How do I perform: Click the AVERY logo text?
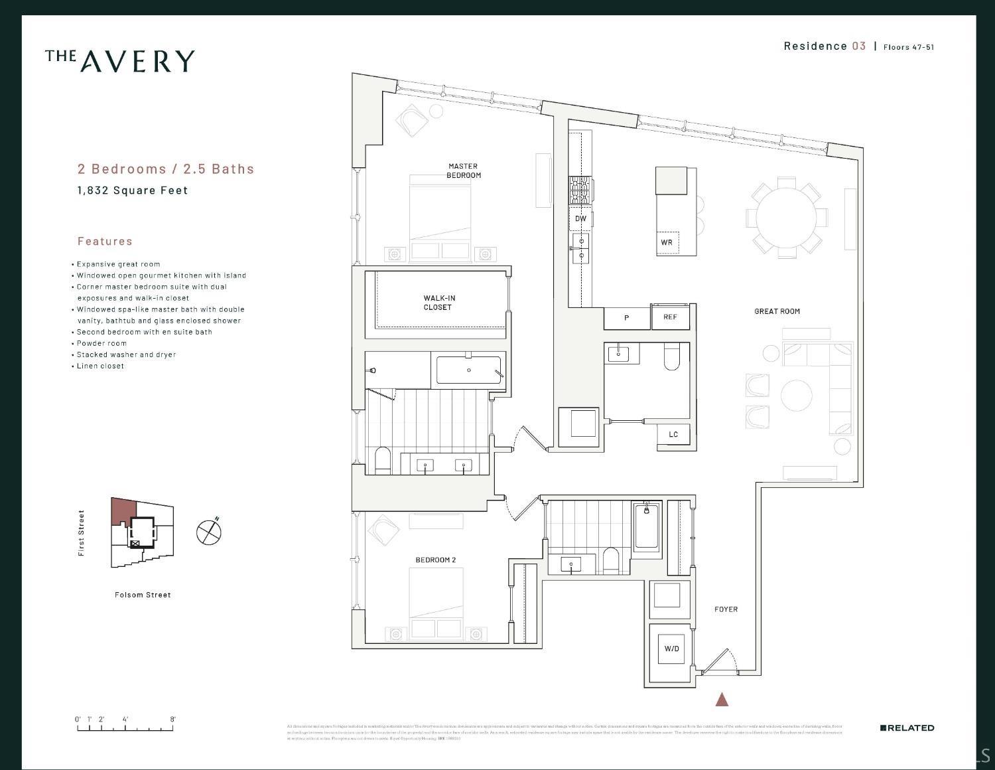tap(120, 60)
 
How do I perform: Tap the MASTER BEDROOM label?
tap(463, 171)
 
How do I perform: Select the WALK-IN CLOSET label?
tap(439, 303)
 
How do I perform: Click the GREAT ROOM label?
tap(777, 311)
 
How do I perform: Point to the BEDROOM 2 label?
tap(435, 560)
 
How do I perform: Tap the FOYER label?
tap(726, 609)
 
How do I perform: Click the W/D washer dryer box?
tap(671, 649)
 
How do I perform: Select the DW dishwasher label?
tap(580, 218)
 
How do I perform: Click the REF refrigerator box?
tap(670, 317)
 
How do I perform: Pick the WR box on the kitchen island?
tap(667, 242)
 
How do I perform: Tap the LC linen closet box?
tap(673, 435)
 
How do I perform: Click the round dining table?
tap(787, 217)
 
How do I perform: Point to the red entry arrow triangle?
tap(722, 699)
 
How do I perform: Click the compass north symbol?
tap(209, 532)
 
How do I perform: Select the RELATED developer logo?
tap(907, 728)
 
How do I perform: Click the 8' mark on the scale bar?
tap(173, 720)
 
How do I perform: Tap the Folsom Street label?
tap(143, 595)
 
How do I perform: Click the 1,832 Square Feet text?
tap(133, 191)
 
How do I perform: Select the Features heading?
tap(105, 241)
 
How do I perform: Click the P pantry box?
tap(626, 318)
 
